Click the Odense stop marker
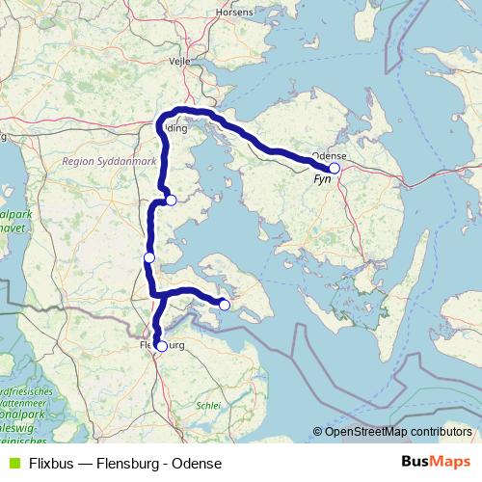(x=335, y=168)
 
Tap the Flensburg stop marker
(x=161, y=345)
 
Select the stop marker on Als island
(x=225, y=305)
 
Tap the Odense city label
(x=329, y=154)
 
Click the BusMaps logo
(x=438, y=462)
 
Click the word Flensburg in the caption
(x=130, y=463)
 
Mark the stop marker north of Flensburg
(x=149, y=257)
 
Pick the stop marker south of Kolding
(x=171, y=201)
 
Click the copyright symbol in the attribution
(x=318, y=431)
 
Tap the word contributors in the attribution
(x=440, y=431)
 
